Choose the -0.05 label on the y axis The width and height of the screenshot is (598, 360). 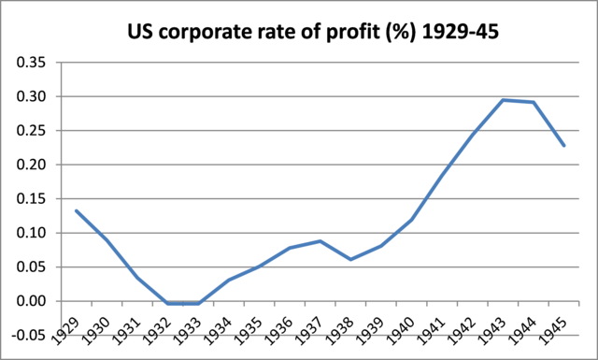[x=33, y=335]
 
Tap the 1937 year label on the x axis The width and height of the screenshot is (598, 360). [x=315, y=326]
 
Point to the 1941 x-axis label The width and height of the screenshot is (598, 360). [x=437, y=326]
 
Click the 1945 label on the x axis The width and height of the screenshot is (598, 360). [x=560, y=326]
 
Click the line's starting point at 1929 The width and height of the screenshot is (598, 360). [x=76, y=210]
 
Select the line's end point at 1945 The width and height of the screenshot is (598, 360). [x=564, y=145]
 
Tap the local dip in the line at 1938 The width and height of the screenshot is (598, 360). [x=350, y=259]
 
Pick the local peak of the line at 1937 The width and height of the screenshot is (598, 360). [x=320, y=241]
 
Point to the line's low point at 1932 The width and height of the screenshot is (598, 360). [x=167, y=303]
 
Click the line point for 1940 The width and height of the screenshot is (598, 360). [x=412, y=220]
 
